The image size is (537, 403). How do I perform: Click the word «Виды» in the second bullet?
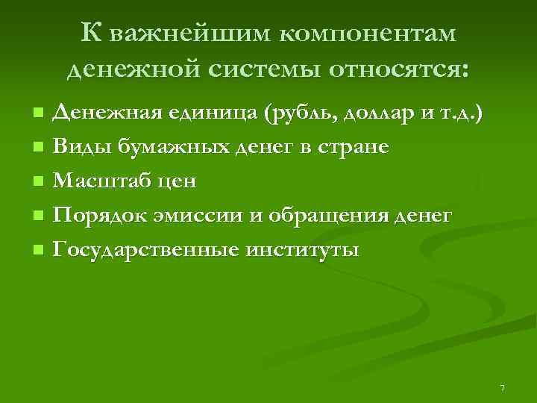point(78,147)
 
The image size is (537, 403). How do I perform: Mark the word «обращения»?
point(328,216)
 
